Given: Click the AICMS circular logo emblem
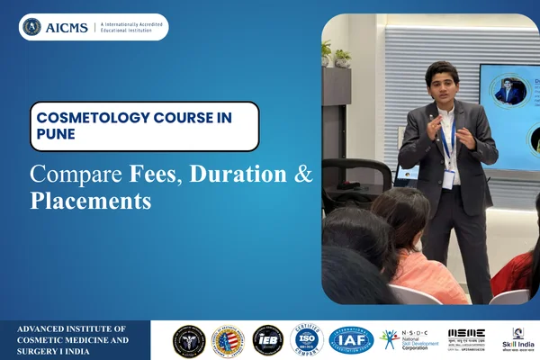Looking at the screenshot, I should [x=32, y=27].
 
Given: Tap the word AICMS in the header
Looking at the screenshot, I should [x=67, y=27].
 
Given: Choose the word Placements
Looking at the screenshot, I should [x=90, y=202].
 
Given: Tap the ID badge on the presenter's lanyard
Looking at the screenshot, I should [x=447, y=176].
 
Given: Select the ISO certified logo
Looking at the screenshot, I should [x=306, y=340].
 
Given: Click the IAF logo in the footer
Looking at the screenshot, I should [x=350, y=340].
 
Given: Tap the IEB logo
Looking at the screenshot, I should [x=267, y=340].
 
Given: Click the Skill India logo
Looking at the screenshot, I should [x=518, y=339].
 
